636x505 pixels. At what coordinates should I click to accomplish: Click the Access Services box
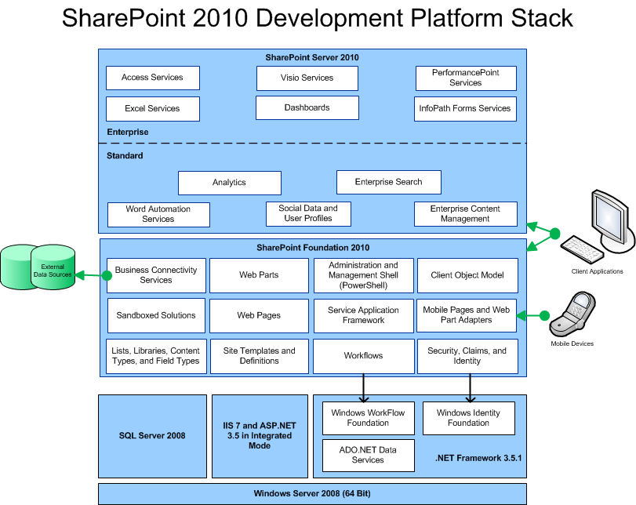pyautogui.click(x=152, y=78)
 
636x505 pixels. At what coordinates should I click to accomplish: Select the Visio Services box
pyautogui.click(x=307, y=78)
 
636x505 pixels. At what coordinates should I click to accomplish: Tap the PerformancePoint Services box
pyautogui.click(x=466, y=78)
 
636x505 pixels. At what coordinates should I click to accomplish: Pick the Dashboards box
pyautogui.click(x=307, y=107)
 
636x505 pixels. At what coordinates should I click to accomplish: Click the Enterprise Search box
pyautogui.click(x=388, y=182)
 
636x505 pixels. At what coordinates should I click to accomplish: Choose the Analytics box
pyautogui.click(x=229, y=183)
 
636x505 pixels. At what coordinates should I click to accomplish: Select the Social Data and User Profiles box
pyautogui.click(x=308, y=213)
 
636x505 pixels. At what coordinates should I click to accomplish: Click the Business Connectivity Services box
pyautogui.click(x=156, y=275)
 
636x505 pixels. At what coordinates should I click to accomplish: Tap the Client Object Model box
pyautogui.click(x=467, y=275)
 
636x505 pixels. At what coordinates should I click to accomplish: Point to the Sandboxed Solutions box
pyautogui.click(x=156, y=315)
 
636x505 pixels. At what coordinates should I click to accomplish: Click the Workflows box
pyautogui.click(x=363, y=356)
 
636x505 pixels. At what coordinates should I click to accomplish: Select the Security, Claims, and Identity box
pyautogui.click(x=467, y=356)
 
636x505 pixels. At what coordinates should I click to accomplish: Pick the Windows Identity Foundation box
pyautogui.click(x=468, y=418)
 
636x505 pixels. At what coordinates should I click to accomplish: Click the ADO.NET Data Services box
pyautogui.click(x=368, y=455)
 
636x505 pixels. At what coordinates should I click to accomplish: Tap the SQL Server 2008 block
pyautogui.click(x=152, y=435)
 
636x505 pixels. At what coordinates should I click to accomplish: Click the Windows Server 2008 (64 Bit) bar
pyautogui.click(x=312, y=494)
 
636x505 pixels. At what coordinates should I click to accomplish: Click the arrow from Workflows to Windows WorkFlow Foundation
pyautogui.click(x=364, y=387)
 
